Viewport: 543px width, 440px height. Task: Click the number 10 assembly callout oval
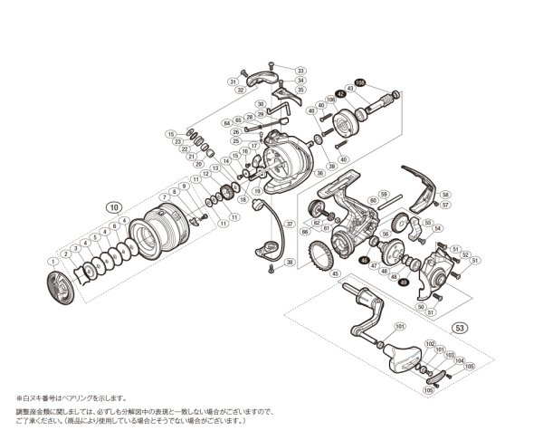[x=112, y=206]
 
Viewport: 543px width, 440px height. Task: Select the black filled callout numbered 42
[x=341, y=92]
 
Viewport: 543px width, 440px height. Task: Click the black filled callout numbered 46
[x=364, y=261]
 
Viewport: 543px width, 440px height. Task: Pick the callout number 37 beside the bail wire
[x=290, y=224]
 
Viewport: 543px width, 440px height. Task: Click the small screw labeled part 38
[x=270, y=268]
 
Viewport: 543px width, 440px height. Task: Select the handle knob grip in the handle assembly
[x=402, y=360]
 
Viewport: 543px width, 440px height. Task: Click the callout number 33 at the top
[x=300, y=70]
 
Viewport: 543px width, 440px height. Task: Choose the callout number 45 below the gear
[x=336, y=273]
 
